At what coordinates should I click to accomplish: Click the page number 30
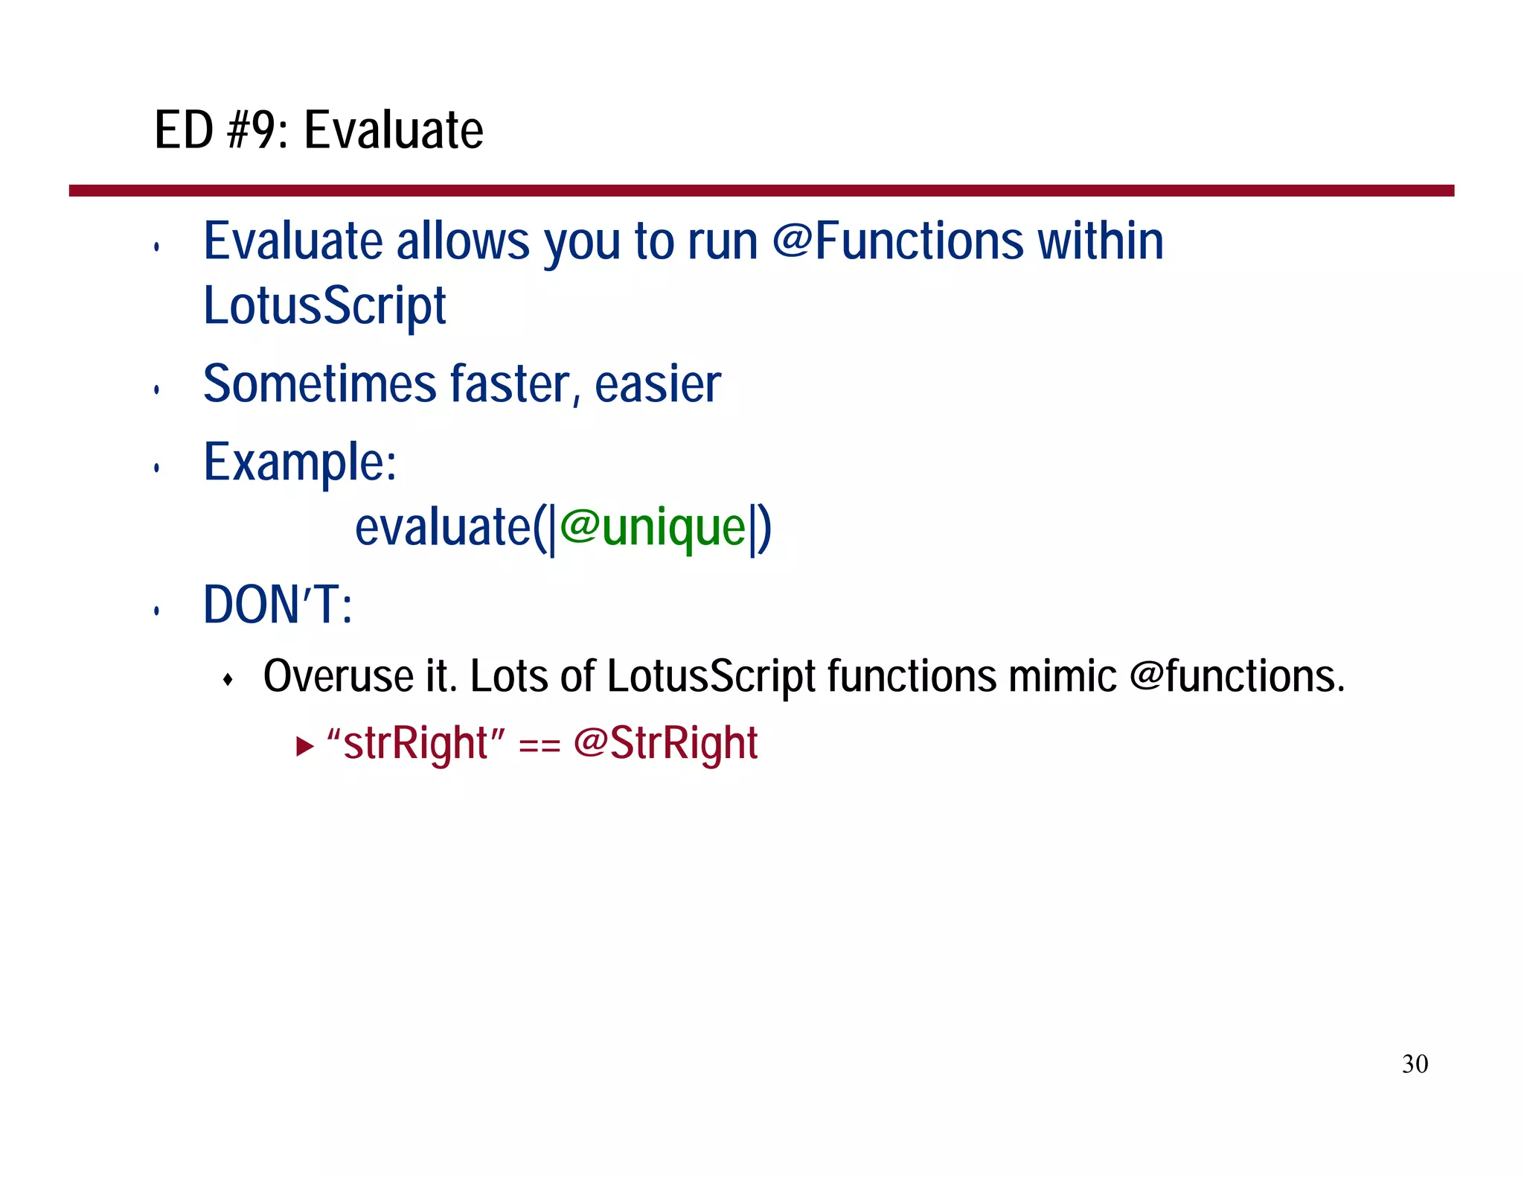(1415, 1063)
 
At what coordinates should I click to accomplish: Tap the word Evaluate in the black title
(394, 130)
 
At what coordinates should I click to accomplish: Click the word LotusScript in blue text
(324, 306)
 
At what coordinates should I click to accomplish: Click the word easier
(658, 384)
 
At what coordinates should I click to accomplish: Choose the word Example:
(300, 462)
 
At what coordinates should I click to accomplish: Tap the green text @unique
(653, 527)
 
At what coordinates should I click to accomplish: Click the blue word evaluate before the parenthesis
(444, 527)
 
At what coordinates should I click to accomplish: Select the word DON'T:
(278, 605)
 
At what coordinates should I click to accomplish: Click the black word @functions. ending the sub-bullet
(1237, 676)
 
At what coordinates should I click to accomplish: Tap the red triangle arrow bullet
(304, 745)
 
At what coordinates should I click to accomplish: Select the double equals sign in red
(539, 745)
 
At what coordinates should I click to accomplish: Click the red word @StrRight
(665, 743)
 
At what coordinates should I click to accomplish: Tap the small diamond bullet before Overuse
(228, 679)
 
